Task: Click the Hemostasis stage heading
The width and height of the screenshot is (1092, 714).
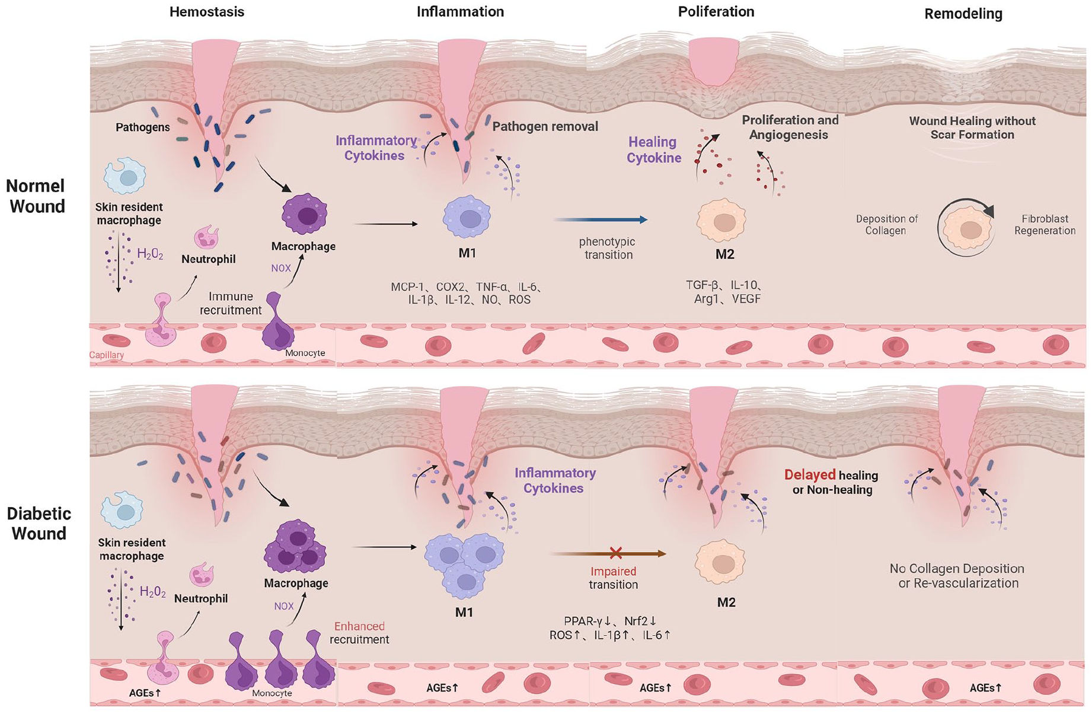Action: click(206, 12)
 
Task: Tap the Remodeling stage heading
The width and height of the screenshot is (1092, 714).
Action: click(963, 14)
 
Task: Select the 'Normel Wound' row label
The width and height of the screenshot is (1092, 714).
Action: click(36, 196)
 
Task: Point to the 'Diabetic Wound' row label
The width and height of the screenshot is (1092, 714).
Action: click(39, 524)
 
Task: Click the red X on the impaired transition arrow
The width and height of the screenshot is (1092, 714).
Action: click(616, 553)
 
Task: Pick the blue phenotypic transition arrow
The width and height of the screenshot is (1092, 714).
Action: click(600, 220)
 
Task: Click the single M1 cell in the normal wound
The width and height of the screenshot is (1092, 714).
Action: click(467, 218)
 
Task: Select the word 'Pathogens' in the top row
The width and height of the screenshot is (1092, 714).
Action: click(142, 128)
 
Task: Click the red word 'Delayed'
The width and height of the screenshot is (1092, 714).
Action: click(810, 475)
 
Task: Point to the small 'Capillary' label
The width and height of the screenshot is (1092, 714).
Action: click(107, 355)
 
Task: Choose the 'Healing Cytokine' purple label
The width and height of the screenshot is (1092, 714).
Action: click(653, 150)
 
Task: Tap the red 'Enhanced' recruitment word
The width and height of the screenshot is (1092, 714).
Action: click(359, 626)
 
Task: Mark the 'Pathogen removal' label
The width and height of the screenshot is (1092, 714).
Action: click(545, 126)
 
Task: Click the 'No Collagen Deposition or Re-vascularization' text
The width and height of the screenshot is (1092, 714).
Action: click(957, 576)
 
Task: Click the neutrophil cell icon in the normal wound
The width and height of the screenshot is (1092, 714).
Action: click(206, 237)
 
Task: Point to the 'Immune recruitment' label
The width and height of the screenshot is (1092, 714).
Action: click(231, 303)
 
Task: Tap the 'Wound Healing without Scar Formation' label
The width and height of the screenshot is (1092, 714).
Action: click(972, 128)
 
